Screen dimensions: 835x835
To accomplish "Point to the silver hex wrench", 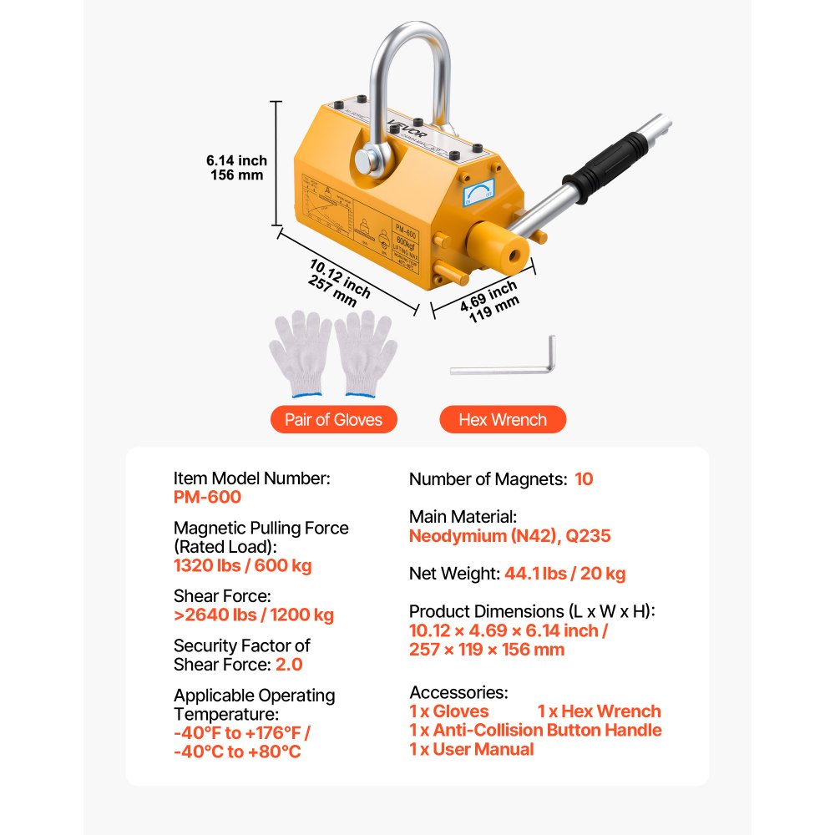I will (x=506, y=364).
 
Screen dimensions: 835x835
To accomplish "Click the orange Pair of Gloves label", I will (x=333, y=420).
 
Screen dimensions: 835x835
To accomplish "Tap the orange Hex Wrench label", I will (x=503, y=420).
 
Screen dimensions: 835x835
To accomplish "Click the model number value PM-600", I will (x=207, y=498).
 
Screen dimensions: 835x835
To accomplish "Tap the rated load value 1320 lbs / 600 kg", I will (x=243, y=566).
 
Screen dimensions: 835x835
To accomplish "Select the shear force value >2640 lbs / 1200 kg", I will (x=254, y=615).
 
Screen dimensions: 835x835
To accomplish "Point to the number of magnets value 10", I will (x=584, y=479).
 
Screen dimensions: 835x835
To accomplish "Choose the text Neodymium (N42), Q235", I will (x=509, y=536).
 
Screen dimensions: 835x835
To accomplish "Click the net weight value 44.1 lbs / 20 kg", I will (x=564, y=574).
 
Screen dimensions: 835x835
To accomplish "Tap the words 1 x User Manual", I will (x=471, y=749).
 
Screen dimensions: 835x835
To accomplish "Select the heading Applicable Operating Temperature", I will (x=255, y=705).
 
